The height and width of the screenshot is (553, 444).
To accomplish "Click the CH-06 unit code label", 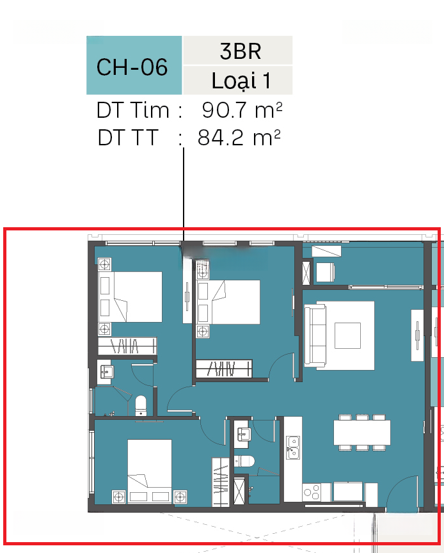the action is pyautogui.click(x=132, y=67).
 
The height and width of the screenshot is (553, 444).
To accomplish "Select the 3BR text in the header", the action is pyautogui.click(x=241, y=51).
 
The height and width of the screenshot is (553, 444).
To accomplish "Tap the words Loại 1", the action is pyautogui.click(x=241, y=81).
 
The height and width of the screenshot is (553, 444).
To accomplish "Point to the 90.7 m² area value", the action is pyautogui.click(x=242, y=110).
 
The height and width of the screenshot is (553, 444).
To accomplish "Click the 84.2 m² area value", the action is pyautogui.click(x=239, y=138).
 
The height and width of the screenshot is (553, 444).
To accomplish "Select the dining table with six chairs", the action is pyautogui.click(x=362, y=433).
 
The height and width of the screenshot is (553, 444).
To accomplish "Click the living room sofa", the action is pyautogui.click(x=315, y=336).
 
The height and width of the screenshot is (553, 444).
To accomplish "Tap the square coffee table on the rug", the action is pyautogui.click(x=348, y=335).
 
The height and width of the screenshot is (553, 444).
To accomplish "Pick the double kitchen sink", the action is pyautogui.click(x=293, y=447).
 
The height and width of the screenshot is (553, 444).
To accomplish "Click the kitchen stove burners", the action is pyautogui.click(x=312, y=492).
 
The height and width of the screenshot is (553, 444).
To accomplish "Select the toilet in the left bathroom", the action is pyautogui.click(x=141, y=406).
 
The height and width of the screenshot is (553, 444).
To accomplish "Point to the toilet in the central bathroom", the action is pyautogui.click(x=244, y=461).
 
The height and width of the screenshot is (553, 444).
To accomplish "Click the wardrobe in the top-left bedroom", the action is pyautogui.click(x=127, y=346).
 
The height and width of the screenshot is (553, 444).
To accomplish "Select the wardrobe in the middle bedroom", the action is pyautogui.click(x=224, y=369).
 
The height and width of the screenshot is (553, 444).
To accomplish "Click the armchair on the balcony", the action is pyautogui.click(x=325, y=272).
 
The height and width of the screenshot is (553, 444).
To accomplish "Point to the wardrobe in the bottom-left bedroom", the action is pyautogui.click(x=221, y=482).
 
